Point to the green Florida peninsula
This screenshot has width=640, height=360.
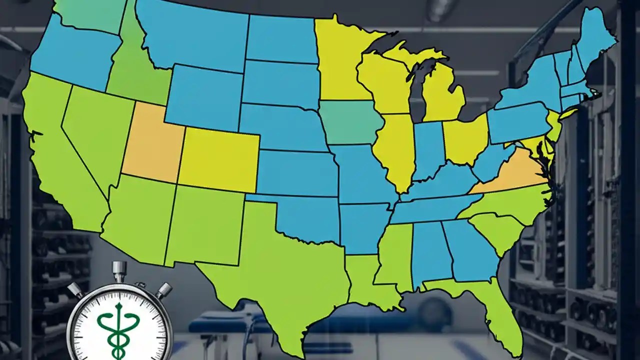coord(495,310)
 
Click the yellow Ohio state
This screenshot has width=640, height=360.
coord(465,140)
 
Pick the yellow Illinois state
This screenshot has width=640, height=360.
coord(395,150)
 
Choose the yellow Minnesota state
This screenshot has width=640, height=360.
coord(340,60)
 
